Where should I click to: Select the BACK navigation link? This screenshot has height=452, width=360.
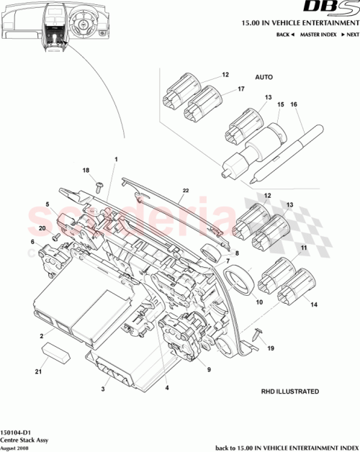point(286,35)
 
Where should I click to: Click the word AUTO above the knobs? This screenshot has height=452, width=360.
point(264,76)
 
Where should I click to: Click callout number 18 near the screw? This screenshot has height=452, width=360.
point(86,171)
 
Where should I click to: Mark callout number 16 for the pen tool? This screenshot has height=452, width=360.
point(293,104)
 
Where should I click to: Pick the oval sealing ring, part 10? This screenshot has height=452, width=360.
point(239,280)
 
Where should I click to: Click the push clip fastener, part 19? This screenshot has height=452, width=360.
point(259,333)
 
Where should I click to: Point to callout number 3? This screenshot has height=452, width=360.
point(104,389)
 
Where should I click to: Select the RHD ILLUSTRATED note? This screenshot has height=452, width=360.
point(290,392)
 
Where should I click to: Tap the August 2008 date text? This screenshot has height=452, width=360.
point(16,446)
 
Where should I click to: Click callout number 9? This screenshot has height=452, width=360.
point(208,370)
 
